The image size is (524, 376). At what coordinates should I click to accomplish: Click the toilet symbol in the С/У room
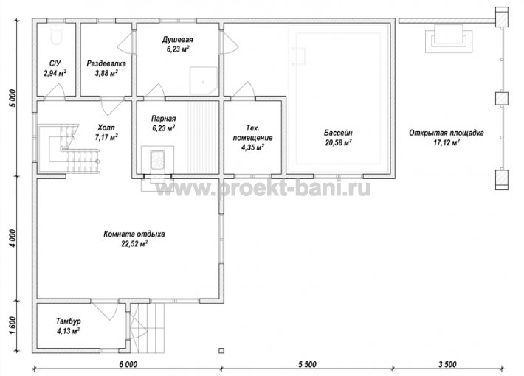point(56,35)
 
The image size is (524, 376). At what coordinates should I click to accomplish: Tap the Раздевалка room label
point(106,63)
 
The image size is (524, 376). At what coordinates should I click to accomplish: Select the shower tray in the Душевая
point(204,80)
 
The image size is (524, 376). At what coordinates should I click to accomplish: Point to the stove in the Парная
point(157,160)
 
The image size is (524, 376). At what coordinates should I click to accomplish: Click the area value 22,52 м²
point(134,244)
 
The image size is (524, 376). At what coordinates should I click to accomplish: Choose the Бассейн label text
point(338,133)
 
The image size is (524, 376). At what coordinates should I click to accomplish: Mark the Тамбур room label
point(68,321)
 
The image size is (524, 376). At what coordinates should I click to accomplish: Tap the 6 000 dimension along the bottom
point(128,364)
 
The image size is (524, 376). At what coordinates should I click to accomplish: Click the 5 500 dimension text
point(307,364)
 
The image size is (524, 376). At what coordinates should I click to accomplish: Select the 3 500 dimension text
point(447,364)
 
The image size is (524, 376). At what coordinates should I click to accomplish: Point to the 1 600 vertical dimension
point(12,326)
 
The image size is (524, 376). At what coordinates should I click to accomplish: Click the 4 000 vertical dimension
point(12,238)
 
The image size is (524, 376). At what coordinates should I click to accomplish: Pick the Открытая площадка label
point(446,133)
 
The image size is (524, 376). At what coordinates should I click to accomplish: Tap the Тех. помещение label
point(252,133)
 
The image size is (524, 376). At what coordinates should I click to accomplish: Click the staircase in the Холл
point(69,148)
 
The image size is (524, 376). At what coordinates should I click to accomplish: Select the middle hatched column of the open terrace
point(501,99)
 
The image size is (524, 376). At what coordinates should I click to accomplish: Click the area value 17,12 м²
point(446,142)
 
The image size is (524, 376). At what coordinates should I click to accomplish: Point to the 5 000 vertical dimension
point(12,98)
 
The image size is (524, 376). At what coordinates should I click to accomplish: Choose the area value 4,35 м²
point(252,147)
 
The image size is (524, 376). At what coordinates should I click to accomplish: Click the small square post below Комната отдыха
point(221,351)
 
